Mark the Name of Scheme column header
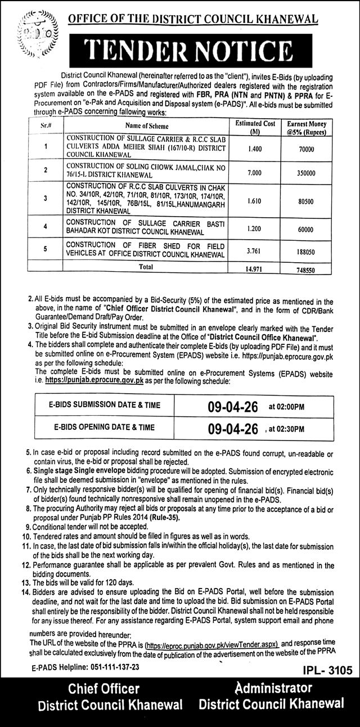(147, 127)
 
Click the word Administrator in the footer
(272, 688)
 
